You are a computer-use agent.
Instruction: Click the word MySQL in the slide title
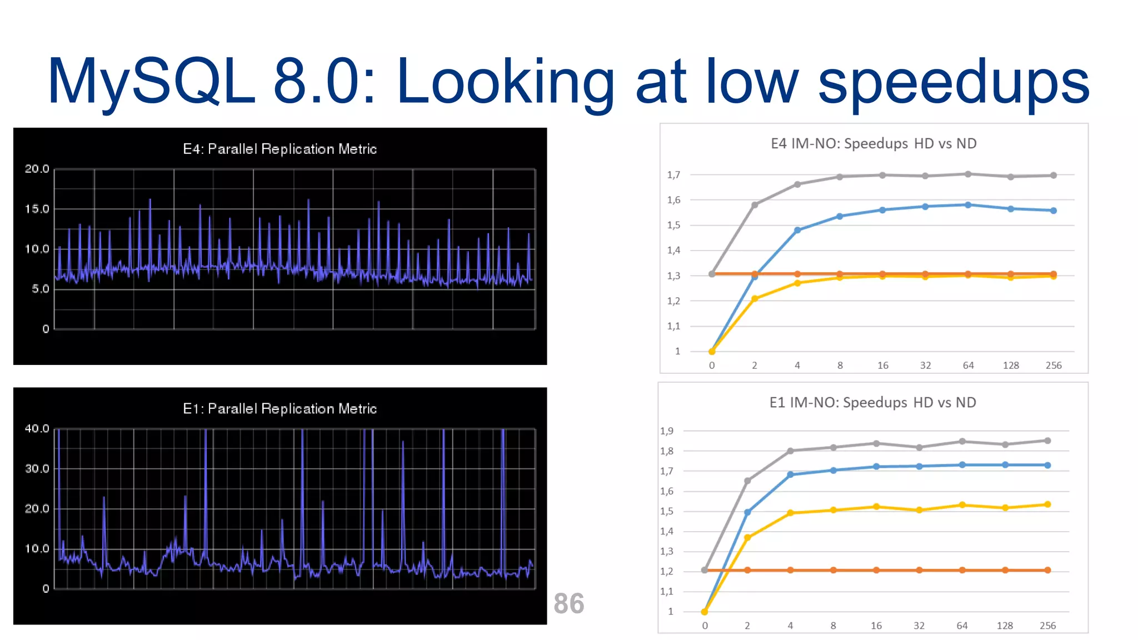[x=151, y=82]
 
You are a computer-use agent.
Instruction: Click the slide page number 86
[x=568, y=603]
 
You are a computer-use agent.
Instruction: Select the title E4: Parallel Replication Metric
[x=279, y=149]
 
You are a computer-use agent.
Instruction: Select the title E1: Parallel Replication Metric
[x=279, y=408]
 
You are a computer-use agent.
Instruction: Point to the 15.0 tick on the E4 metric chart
[x=37, y=209]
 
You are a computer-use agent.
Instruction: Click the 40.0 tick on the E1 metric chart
[x=37, y=428]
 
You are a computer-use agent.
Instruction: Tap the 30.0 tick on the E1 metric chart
[x=37, y=468]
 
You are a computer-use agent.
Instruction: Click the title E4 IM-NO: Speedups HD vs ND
[x=873, y=143]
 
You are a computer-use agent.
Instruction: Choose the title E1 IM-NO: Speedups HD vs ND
[x=872, y=402]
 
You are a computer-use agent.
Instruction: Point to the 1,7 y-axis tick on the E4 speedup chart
[x=673, y=175]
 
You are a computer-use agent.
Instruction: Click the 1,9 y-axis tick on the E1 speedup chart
[x=667, y=431]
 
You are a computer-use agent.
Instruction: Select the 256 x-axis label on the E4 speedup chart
[x=1053, y=366]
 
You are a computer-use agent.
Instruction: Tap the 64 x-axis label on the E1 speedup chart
[x=962, y=626]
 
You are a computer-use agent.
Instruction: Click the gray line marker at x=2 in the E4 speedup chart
[x=755, y=205]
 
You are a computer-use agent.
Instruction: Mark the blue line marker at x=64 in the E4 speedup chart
[x=968, y=205]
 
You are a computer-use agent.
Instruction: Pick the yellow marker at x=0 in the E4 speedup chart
[x=712, y=351]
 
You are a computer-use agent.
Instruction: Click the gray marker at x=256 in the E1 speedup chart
[x=1047, y=441]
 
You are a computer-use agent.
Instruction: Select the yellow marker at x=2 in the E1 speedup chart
[x=747, y=537]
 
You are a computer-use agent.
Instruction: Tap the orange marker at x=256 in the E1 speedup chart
[x=1047, y=570]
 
